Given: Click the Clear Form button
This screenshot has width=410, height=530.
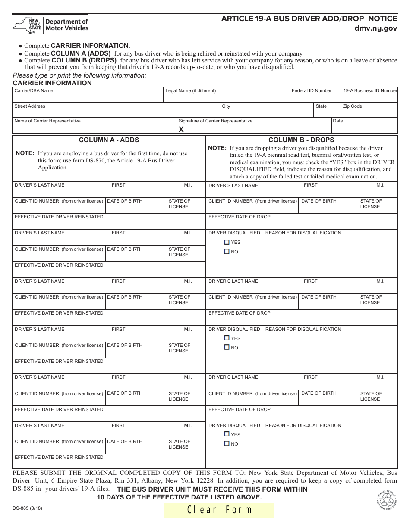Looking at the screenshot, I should pyautogui.click(x=219, y=510).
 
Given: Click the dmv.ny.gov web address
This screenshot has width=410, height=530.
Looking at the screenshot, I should pyautogui.click(x=375, y=28).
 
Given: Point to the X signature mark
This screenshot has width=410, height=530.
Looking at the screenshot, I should pyautogui.click(x=181, y=129).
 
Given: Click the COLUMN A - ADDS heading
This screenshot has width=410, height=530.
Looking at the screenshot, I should pyautogui.click(x=109, y=140).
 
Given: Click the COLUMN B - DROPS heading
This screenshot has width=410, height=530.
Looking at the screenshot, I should pyautogui.click(x=301, y=140).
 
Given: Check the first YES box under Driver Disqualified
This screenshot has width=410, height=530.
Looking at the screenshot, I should pyautogui.click(x=227, y=242).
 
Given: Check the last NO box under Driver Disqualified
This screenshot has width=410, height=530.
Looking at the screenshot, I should pyautogui.click(x=227, y=444).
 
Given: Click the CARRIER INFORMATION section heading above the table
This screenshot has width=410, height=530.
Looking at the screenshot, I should pyautogui.click(x=52, y=83).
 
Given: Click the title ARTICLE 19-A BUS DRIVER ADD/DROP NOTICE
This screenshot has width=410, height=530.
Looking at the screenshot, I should pyautogui.click(x=309, y=19).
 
